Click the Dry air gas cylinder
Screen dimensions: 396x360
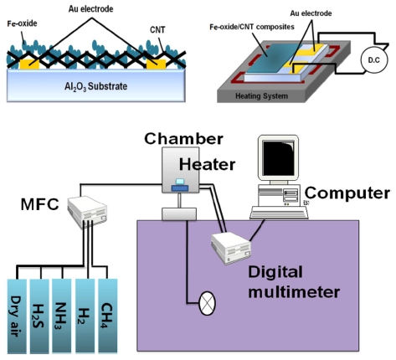coord(17,316)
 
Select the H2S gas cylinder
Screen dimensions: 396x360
coord(39,316)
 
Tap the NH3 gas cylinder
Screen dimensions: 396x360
coord(62,316)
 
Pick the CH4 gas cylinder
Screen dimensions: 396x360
coord(108,316)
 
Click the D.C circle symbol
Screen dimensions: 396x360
coord(374,60)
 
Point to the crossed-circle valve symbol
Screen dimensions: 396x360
coord(207,303)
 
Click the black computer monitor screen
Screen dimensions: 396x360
coord(279,158)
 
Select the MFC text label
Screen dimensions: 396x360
coord(40,204)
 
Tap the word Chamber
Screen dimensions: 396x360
coord(183,139)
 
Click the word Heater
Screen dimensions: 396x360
coord(207,164)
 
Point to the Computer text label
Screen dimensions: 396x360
coord(347,193)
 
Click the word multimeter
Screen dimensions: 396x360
coord(294,292)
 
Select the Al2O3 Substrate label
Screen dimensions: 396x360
coord(96,86)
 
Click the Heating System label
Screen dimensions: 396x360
coord(261,96)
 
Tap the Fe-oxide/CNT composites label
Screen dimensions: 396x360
coord(252,27)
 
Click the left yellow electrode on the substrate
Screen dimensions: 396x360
coord(29,64)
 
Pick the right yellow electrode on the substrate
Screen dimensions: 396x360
coord(156,64)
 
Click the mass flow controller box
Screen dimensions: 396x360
coord(87,212)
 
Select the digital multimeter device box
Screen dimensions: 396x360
coord(231,248)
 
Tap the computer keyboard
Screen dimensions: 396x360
coord(279,213)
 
